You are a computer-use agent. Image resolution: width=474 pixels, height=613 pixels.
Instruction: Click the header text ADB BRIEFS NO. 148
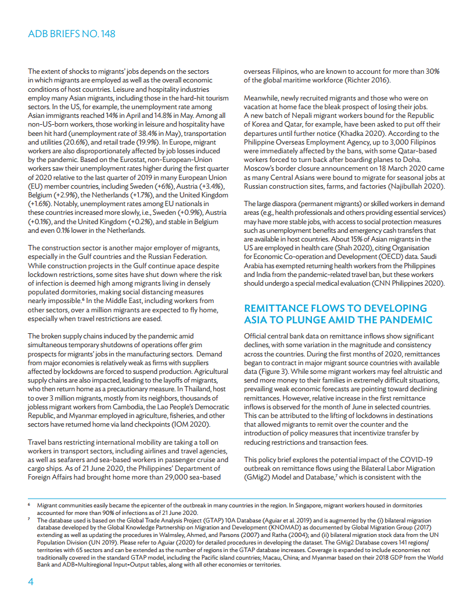click(x=71, y=34)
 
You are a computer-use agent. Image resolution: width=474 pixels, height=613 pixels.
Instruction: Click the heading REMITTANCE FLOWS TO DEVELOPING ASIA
click(x=335, y=314)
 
